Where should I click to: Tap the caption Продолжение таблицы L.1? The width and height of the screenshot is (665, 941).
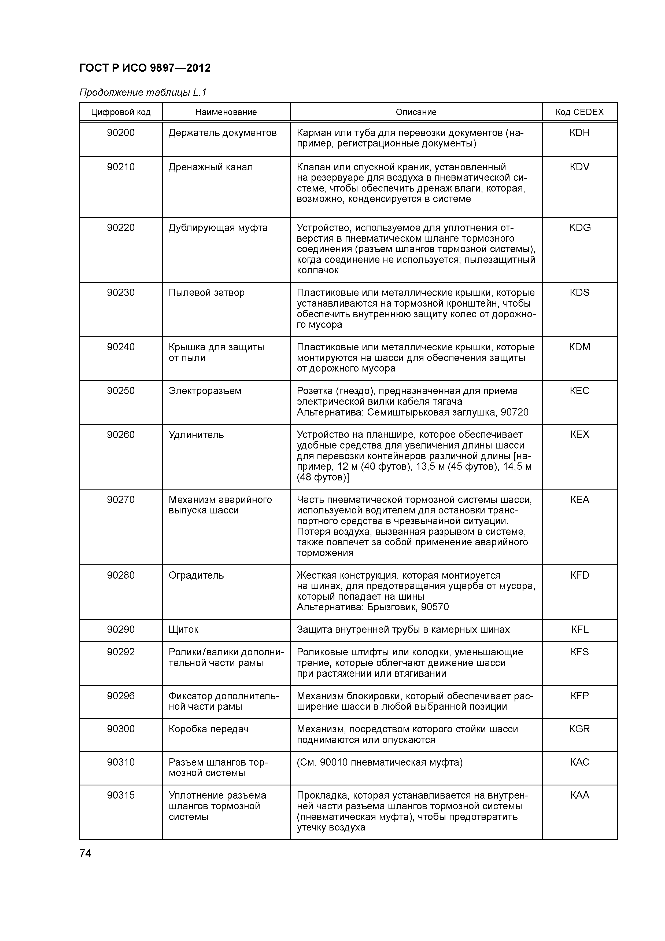(143, 93)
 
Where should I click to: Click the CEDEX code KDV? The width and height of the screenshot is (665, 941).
(579, 167)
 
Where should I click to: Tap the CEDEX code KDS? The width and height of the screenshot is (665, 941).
(579, 293)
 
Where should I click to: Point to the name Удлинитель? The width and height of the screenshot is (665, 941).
(196, 435)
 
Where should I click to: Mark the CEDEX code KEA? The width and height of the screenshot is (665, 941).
(579, 499)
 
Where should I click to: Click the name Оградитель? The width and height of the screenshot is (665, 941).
(196, 575)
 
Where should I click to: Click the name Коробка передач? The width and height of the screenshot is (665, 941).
(209, 729)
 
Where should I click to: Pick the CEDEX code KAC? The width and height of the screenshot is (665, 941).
(579, 762)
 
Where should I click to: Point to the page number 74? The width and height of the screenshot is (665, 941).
(85, 854)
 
